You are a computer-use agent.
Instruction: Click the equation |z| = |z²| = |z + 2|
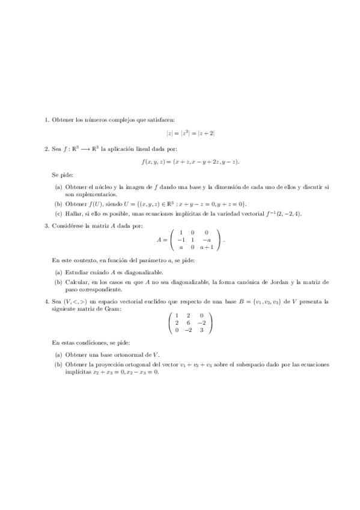pyautogui.click(x=191, y=134)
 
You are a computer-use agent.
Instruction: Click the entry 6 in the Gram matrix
pyautogui.click(x=188, y=323)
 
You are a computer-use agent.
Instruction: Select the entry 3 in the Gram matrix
pyautogui.click(x=202, y=330)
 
